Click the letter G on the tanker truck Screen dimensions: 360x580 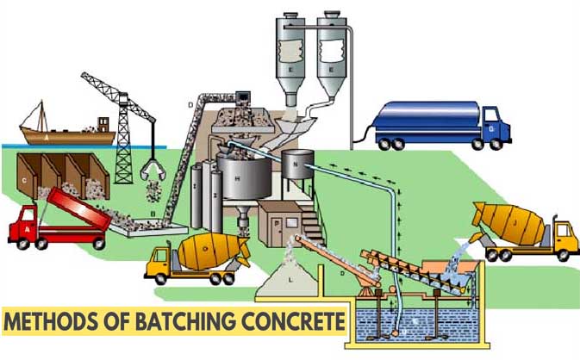[x=490, y=130]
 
